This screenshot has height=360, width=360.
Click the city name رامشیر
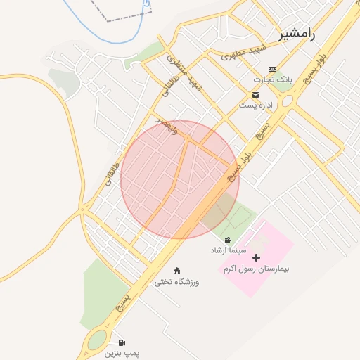[x=297, y=33]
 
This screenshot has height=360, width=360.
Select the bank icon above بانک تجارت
[x=272, y=69]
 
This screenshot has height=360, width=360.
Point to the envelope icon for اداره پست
[x=256, y=95]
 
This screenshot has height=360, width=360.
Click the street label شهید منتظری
[x=191, y=77]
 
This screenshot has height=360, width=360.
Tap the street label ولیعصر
[x=171, y=125]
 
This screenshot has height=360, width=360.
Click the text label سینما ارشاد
[x=227, y=250]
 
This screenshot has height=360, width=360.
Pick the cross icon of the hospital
[x=256, y=258]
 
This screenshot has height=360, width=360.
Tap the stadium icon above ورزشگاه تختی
[x=176, y=271]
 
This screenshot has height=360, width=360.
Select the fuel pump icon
[x=122, y=342]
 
